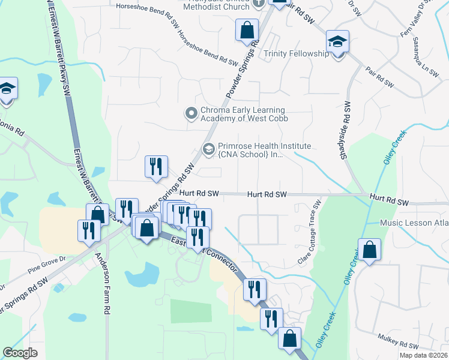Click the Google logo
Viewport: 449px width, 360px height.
pyautogui.click(x=20, y=353)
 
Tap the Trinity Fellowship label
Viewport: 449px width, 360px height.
pyautogui.click(x=297, y=54)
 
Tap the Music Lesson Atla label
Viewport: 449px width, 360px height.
pyautogui.click(x=414, y=223)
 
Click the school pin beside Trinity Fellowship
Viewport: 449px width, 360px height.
pyautogui.click(x=338, y=43)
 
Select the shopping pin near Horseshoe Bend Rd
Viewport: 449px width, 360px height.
pyautogui.click(x=247, y=30)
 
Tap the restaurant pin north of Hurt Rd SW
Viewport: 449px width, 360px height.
pyautogui.click(x=156, y=166)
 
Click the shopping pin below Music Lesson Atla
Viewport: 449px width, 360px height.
pyautogui.click(x=370, y=250)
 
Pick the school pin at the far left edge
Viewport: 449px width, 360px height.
pyautogui.click(x=7, y=90)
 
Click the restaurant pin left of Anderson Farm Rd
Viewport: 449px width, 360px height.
pyautogui.click(x=88, y=231)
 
